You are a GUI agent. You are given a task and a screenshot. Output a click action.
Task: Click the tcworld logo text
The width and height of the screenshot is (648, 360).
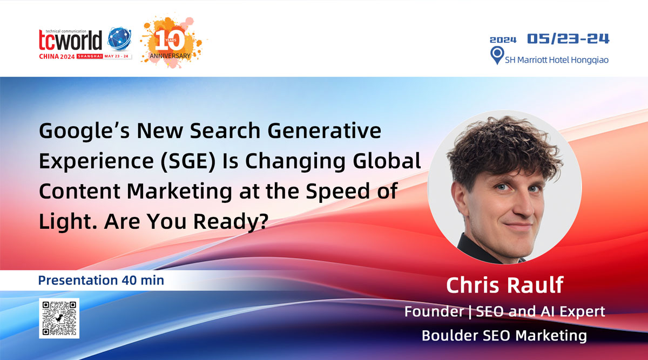coord(70,40)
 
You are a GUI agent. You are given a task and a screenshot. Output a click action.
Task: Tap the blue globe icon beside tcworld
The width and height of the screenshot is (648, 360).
coord(119,38)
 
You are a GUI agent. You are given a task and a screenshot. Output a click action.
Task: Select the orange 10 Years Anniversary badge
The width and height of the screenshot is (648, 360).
coord(171,42)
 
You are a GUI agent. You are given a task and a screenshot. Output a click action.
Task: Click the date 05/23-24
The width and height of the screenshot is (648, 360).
coord(568,38)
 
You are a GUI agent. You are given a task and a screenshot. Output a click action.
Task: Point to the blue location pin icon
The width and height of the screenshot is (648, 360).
coord(497,55)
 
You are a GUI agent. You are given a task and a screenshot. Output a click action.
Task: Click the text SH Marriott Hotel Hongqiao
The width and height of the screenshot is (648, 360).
coord(557,60)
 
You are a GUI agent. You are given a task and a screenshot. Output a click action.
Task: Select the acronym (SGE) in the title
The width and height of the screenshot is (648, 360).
coord(188,161)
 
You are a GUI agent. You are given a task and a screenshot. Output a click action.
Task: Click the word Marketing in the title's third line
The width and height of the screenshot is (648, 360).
coord(179,192)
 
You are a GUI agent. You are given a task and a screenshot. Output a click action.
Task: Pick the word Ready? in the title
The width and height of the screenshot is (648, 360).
coord(231,222)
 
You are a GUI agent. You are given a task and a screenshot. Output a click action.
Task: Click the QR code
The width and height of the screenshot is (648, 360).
coord(59,318)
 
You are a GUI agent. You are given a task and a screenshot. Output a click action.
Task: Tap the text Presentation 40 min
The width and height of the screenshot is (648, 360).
coord(101,280)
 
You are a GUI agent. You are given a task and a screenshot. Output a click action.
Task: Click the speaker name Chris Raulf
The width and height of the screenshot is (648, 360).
coord(505,285)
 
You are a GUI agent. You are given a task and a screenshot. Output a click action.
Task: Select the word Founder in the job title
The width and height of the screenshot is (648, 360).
coord(434,311)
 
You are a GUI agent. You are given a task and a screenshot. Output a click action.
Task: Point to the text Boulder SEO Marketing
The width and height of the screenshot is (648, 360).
coord(504,336)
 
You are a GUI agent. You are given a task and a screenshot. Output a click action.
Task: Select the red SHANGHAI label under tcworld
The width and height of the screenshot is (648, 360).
coord(90,56)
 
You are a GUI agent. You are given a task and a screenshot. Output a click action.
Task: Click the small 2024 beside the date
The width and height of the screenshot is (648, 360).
coord(503,40)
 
